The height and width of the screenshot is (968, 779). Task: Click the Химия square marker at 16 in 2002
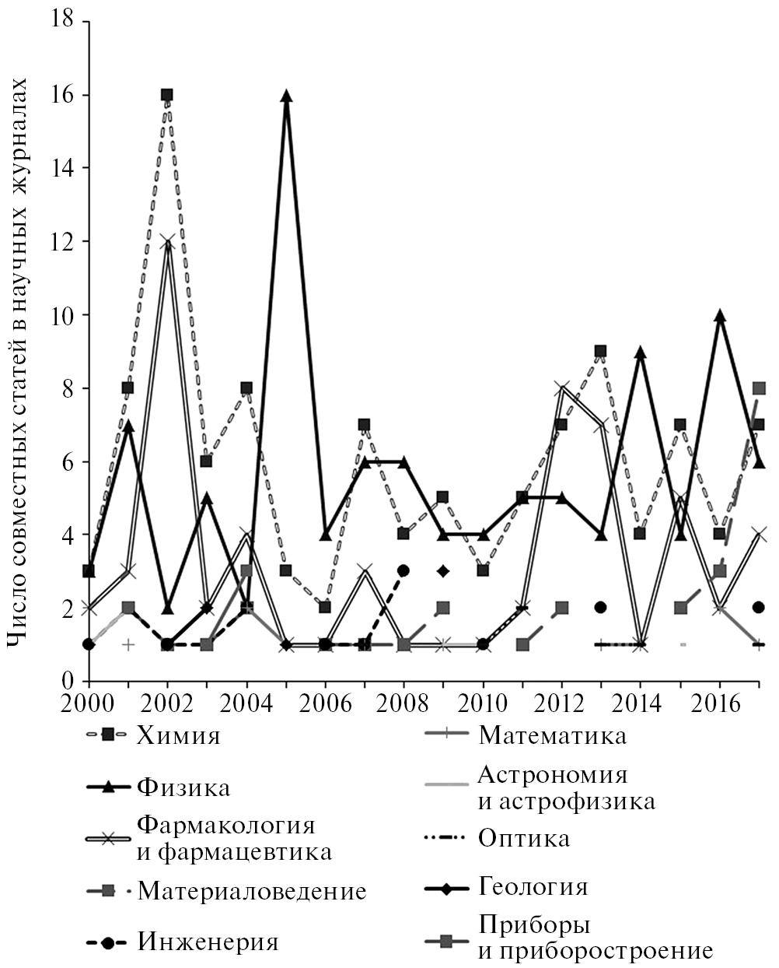(167, 95)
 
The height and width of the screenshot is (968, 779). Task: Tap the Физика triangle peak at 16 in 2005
(286, 96)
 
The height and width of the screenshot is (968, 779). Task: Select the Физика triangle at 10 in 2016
(720, 316)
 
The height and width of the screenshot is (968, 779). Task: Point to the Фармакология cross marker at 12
(167, 242)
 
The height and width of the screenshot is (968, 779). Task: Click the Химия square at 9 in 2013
(601, 352)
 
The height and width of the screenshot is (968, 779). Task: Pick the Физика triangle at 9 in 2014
(641, 352)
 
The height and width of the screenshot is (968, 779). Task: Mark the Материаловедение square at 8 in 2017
(760, 388)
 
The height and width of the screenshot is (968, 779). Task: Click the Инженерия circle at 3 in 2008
(403, 570)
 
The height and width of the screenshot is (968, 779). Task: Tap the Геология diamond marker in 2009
(443, 571)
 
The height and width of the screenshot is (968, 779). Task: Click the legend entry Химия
(178, 735)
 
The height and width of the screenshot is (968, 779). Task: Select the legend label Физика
(183, 787)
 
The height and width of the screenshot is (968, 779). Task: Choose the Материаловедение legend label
(251, 891)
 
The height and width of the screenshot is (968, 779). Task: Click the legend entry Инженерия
(208, 942)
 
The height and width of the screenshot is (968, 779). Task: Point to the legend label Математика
(552, 735)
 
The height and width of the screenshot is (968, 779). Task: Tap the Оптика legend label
(524, 838)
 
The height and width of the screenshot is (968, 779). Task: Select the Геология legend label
(533, 887)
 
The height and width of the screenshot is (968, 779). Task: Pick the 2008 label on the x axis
(403, 702)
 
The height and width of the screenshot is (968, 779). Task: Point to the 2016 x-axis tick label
(720, 702)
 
